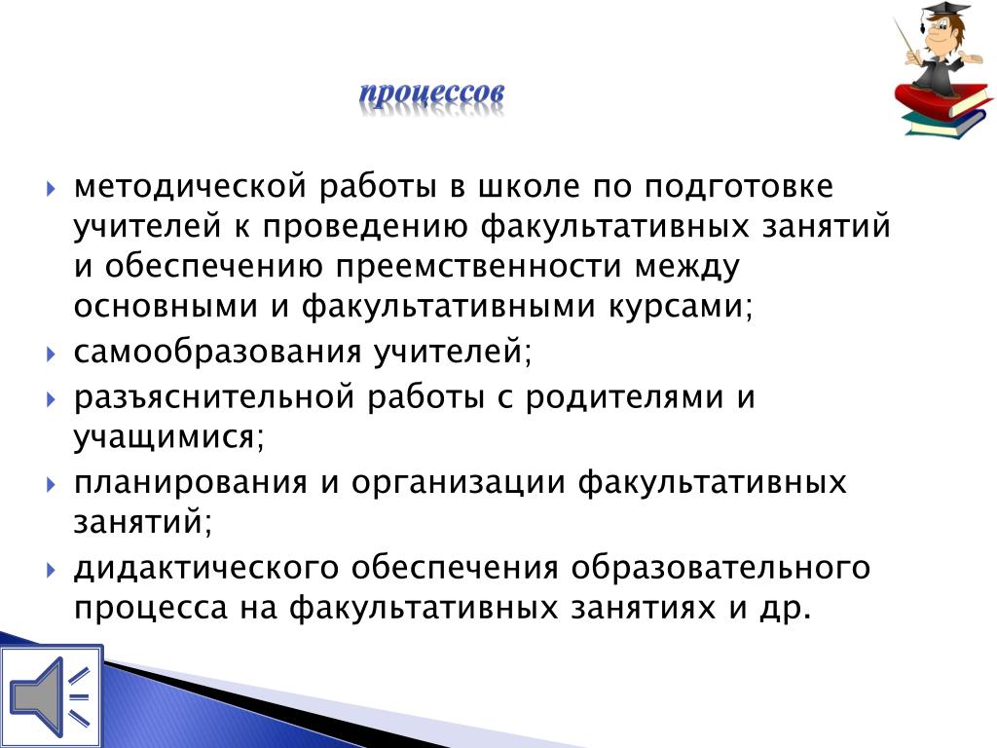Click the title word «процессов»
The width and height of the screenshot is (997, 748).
[431, 94]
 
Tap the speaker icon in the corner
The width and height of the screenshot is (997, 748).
[51, 695]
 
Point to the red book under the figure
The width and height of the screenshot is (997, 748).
[942, 100]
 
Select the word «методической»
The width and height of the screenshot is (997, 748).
[192, 187]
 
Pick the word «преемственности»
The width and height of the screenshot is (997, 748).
[477, 266]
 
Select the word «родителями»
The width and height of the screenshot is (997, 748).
[624, 397]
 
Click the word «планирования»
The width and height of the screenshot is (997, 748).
[191, 482]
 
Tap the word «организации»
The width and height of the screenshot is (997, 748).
[458, 482]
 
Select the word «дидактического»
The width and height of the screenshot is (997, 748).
[206, 568]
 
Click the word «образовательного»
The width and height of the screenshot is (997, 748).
[720, 568]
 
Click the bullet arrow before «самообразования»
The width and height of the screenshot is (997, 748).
[52, 353]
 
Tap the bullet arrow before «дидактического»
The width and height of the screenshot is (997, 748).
[52, 569]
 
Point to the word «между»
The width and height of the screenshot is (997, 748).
[688, 266]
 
